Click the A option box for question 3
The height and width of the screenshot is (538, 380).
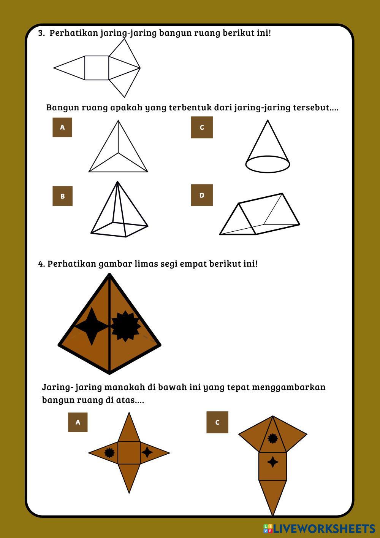click(62, 127)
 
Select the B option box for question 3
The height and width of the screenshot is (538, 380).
click(63, 196)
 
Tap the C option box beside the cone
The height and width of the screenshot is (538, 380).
click(202, 127)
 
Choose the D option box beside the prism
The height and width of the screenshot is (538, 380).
click(202, 195)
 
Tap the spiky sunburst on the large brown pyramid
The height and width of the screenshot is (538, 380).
click(125, 326)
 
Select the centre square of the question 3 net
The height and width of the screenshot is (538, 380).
click(97, 68)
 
